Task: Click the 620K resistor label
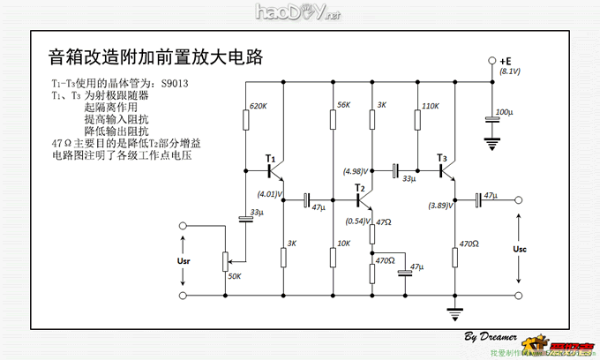click(x=258, y=106)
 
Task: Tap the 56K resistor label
click(x=344, y=106)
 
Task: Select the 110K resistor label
click(x=431, y=106)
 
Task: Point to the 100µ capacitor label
click(x=504, y=113)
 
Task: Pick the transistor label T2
click(x=359, y=188)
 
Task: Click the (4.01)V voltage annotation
click(x=269, y=194)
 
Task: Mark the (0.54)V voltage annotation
click(x=356, y=221)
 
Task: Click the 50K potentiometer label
click(x=235, y=276)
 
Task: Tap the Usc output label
click(x=520, y=250)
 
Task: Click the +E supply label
click(x=506, y=61)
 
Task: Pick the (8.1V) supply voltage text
click(x=510, y=71)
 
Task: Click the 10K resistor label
click(x=343, y=244)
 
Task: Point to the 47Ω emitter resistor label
click(x=383, y=223)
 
